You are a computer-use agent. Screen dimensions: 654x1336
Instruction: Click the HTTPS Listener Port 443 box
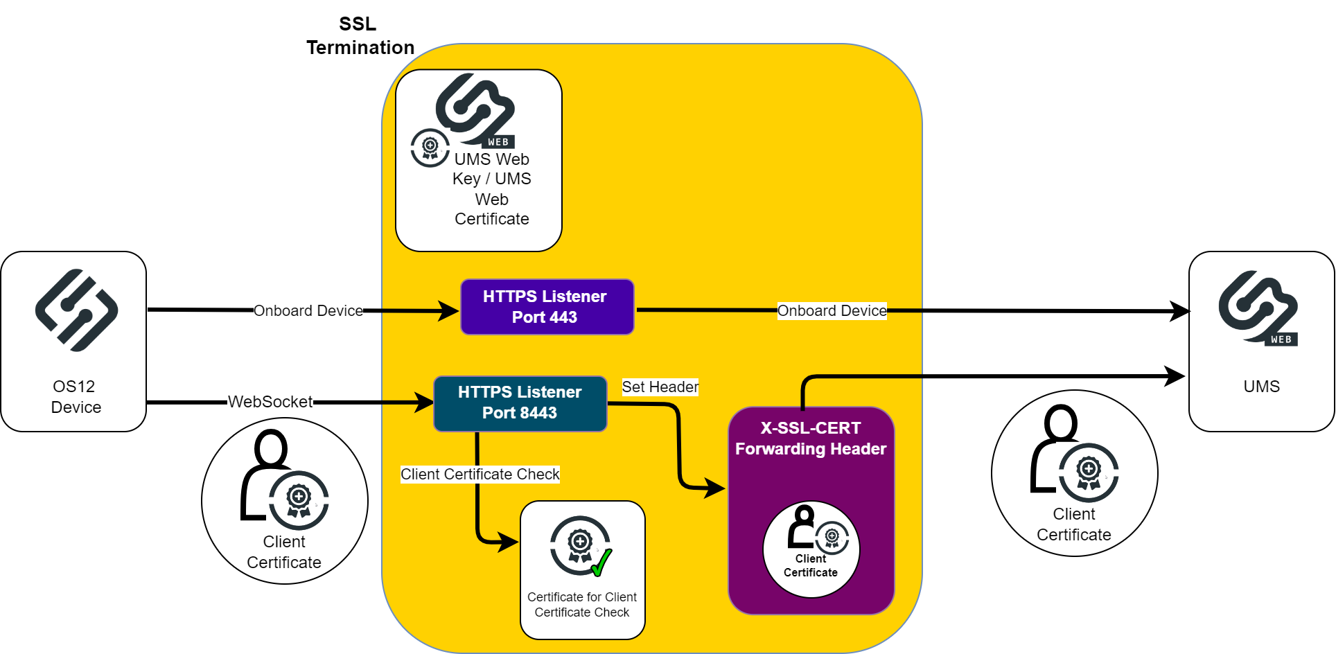coord(547,307)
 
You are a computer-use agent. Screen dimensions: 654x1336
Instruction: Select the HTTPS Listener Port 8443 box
coord(520,403)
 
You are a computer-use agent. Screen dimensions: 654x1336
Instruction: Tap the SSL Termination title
coord(360,36)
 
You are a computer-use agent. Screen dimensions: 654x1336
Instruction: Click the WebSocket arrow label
coord(270,402)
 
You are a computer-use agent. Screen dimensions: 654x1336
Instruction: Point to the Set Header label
coord(660,387)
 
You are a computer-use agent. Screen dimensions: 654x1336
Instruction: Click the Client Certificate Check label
coord(480,475)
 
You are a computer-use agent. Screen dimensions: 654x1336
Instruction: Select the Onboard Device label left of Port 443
coord(308,311)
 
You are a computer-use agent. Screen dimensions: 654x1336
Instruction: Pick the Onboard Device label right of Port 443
coord(832,311)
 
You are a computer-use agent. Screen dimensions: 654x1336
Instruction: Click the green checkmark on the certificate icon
coord(601,563)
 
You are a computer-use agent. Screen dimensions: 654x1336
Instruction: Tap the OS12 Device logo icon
coord(76,310)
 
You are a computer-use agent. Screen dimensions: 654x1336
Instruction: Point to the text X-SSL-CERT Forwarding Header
coord(811,439)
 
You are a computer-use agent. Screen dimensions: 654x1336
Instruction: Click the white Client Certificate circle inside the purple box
coord(811,549)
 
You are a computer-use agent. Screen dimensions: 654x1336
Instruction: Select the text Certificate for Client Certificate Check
coord(582,605)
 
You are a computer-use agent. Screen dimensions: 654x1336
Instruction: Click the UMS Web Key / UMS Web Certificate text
coord(491,189)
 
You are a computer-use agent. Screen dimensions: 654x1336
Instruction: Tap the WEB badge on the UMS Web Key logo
coord(498,142)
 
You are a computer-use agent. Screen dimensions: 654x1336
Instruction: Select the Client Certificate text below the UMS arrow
coord(1073,524)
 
